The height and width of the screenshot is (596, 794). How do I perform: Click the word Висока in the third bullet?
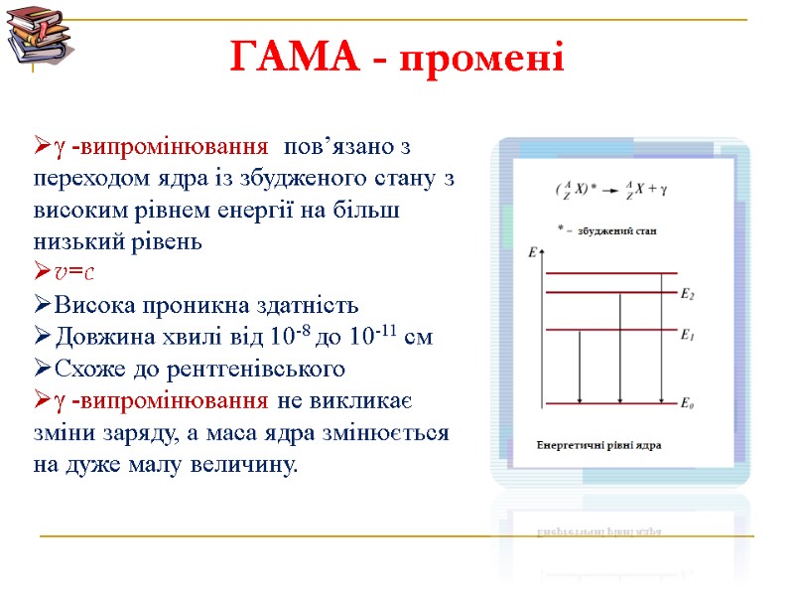pyautogui.click(x=89, y=305)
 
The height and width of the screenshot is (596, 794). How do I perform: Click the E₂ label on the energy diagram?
pyautogui.click(x=687, y=294)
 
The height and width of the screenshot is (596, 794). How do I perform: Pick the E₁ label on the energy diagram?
pyautogui.click(x=687, y=335)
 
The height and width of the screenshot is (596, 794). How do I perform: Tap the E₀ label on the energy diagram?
pyautogui.click(x=687, y=404)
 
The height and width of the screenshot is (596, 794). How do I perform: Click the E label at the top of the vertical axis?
pyautogui.click(x=532, y=253)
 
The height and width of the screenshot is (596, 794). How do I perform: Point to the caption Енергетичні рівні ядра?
pyautogui.click(x=599, y=444)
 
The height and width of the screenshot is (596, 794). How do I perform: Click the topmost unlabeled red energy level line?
pyautogui.click(x=610, y=273)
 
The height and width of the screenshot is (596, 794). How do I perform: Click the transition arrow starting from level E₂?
pyautogui.click(x=620, y=348)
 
